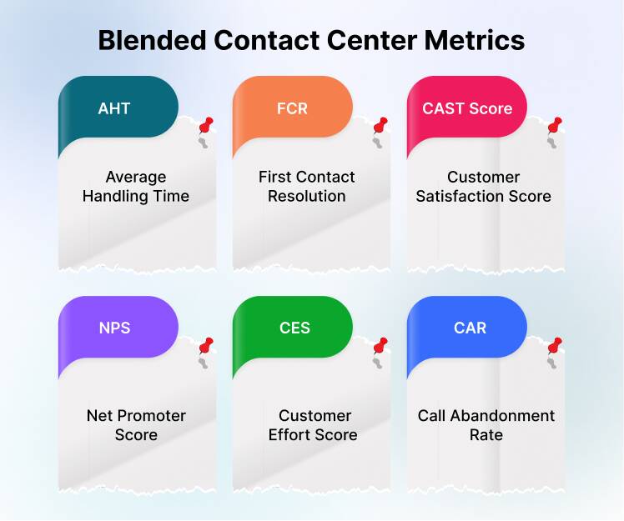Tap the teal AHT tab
(x=114, y=108)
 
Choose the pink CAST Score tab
(x=467, y=108)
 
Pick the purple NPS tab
(x=114, y=328)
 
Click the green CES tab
(x=294, y=328)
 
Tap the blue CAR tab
(x=470, y=328)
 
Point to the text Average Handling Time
(x=136, y=187)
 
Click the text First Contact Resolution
(x=306, y=187)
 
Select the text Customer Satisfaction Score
(x=483, y=187)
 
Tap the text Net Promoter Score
(x=136, y=425)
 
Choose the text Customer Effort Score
(x=313, y=425)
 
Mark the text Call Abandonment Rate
(x=486, y=425)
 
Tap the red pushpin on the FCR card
(x=380, y=126)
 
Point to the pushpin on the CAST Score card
(x=554, y=126)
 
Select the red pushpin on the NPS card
(x=205, y=347)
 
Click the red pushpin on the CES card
(x=380, y=346)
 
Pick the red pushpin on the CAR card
(x=554, y=346)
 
